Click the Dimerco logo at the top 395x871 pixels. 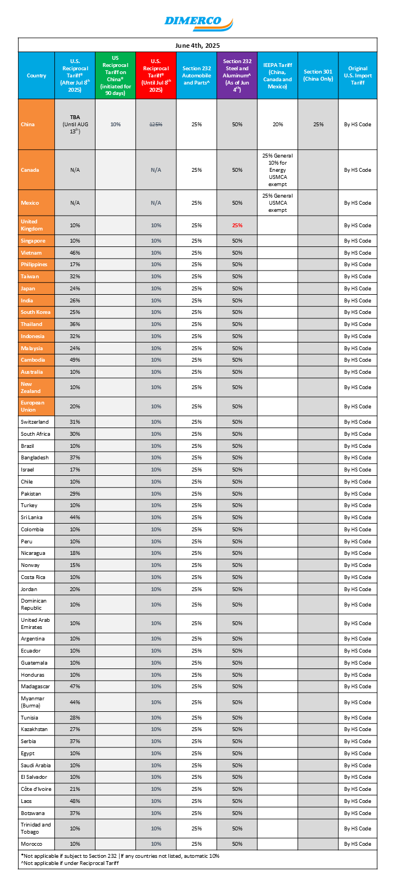(x=198, y=23)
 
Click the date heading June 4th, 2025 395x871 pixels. (x=198, y=46)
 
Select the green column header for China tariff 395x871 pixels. (x=115, y=76)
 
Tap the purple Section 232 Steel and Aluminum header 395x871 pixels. (x=237, y=76)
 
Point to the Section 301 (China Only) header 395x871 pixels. (x=318, y=76)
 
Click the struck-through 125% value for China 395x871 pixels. (x=156, y=125)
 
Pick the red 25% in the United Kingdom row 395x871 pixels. (x=237, y=226)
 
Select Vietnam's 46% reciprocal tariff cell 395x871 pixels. (x=75, y=253)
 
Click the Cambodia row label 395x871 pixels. (x=33, y=360)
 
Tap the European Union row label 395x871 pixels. (x=33, y=406)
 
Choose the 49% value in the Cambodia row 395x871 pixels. (x=75, y=360)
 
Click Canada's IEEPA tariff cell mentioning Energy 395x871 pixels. (x=278, y=170)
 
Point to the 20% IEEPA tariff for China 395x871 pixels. (x=278, y=125)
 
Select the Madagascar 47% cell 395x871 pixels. (x=75, y=687)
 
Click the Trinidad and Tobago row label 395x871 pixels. (x=36, y=828)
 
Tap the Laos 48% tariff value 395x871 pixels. (x=75, y=801)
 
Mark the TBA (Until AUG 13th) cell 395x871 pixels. (x=75, y=125)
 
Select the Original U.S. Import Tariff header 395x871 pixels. (x=358, y=76)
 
